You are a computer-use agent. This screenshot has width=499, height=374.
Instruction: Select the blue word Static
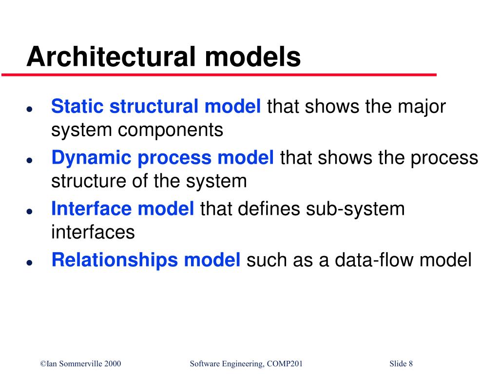75,106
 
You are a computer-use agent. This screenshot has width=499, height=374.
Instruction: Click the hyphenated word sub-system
355,209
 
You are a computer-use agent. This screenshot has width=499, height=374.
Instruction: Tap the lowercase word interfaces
93,232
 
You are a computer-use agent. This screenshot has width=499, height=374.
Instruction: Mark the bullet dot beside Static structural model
30,109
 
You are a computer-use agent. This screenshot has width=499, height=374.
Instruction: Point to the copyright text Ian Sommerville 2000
80,364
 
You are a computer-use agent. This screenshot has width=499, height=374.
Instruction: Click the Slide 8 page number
401,364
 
